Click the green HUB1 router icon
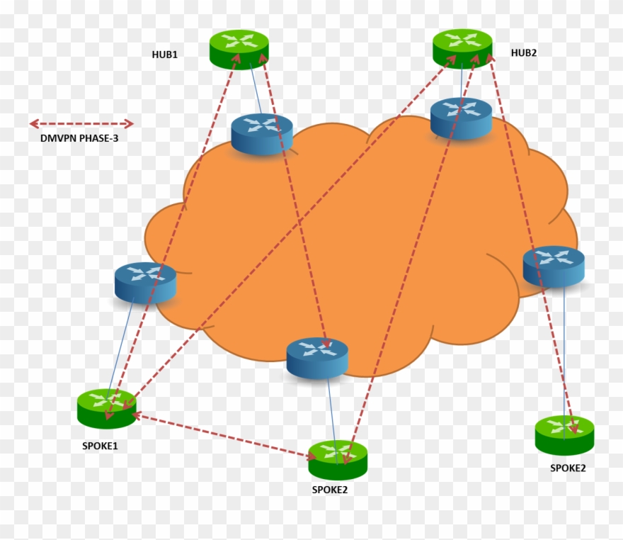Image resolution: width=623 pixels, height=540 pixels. click(239, 48)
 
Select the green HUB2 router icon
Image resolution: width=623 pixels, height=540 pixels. click(462, 47)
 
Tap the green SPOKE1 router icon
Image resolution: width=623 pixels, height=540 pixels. click(106, 408)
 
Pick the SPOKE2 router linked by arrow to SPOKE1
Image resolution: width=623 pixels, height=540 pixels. click(338, 459)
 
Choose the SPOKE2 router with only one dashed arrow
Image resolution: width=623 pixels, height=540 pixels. click(564, 434)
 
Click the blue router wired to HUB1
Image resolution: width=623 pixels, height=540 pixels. click(262, 133)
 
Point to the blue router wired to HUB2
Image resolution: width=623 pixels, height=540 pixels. click(462, 117)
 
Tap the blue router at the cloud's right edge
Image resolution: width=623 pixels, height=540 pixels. click(554, 266)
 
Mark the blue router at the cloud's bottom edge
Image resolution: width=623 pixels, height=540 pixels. click(317, 357)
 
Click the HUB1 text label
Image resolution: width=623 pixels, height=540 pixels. click(164, 55)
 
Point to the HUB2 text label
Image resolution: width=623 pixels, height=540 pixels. click(524, 52)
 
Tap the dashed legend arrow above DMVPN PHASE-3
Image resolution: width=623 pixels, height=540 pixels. click(81, 124)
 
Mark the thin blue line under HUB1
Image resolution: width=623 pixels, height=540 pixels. click(256, 91)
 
